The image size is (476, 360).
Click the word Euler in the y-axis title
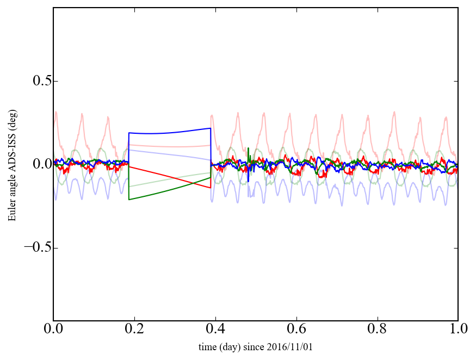(11, 212)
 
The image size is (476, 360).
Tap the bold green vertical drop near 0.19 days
(129, 182)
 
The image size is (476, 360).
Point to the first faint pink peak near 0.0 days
(56, 113)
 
